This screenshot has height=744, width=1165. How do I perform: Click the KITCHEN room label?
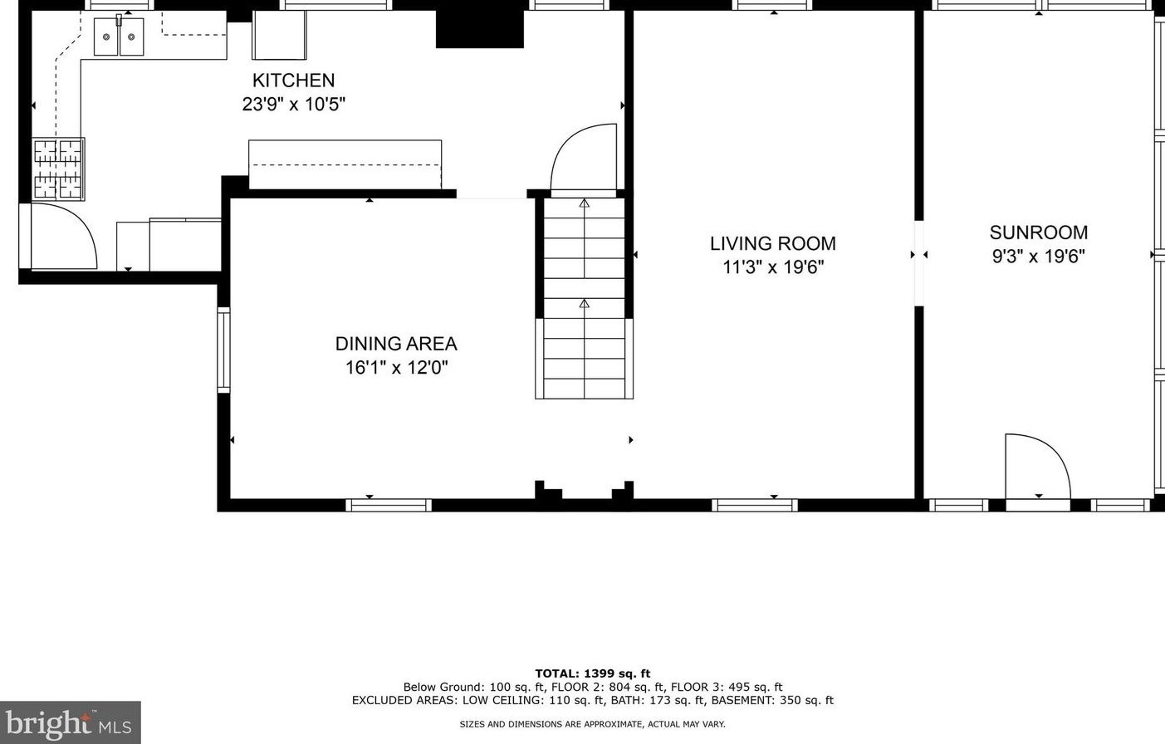[293, 81]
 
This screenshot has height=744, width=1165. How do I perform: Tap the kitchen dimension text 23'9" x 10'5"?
[293, 105]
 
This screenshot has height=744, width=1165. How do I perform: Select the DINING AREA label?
[396, 344]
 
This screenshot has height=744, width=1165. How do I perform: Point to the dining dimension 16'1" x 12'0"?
[396, 368]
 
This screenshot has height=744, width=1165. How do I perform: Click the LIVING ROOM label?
[772, 243]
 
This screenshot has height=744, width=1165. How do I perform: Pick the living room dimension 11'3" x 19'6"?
[772, 267]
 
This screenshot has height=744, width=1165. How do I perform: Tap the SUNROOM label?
[1038, 232]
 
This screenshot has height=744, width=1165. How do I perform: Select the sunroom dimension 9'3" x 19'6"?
[1038, 257]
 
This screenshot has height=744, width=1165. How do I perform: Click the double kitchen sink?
[119, 37]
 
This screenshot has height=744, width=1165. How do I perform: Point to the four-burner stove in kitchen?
[58, 169]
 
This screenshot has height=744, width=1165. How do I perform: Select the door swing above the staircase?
[585, 158]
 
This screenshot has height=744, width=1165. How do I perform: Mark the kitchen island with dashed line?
[345, 164]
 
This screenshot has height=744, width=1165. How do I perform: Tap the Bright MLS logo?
[70, 722]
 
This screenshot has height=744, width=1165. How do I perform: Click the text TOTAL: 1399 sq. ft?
[592, 673]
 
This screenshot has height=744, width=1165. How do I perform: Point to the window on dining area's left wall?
[223, 349]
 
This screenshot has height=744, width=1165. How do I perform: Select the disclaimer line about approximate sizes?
[592, 724]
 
